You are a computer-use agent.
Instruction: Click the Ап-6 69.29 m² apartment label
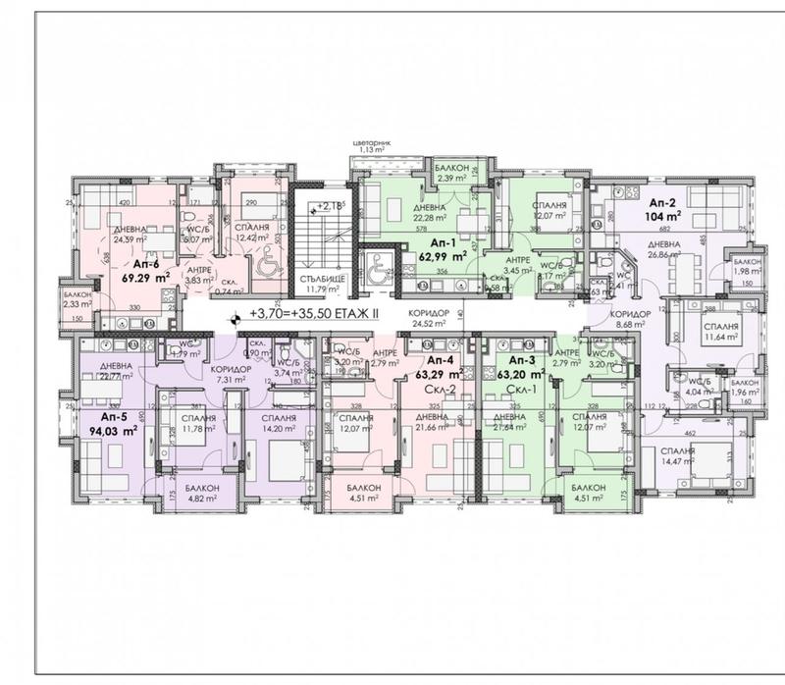coord(144,270)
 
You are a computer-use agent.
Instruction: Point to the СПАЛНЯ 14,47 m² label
coord(678,453)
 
